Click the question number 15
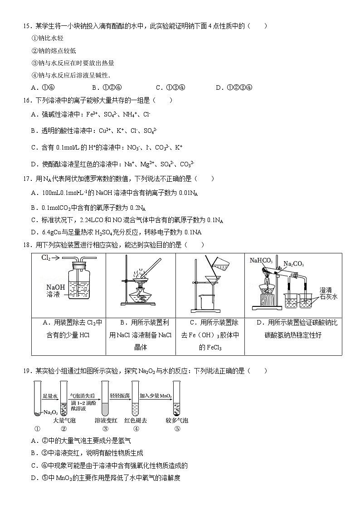tap(26, 26)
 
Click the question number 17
tap(26, 179)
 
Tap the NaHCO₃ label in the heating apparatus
tap(261, 260)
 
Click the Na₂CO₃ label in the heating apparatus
tap(293, 264)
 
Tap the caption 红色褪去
tap(135, 421)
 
